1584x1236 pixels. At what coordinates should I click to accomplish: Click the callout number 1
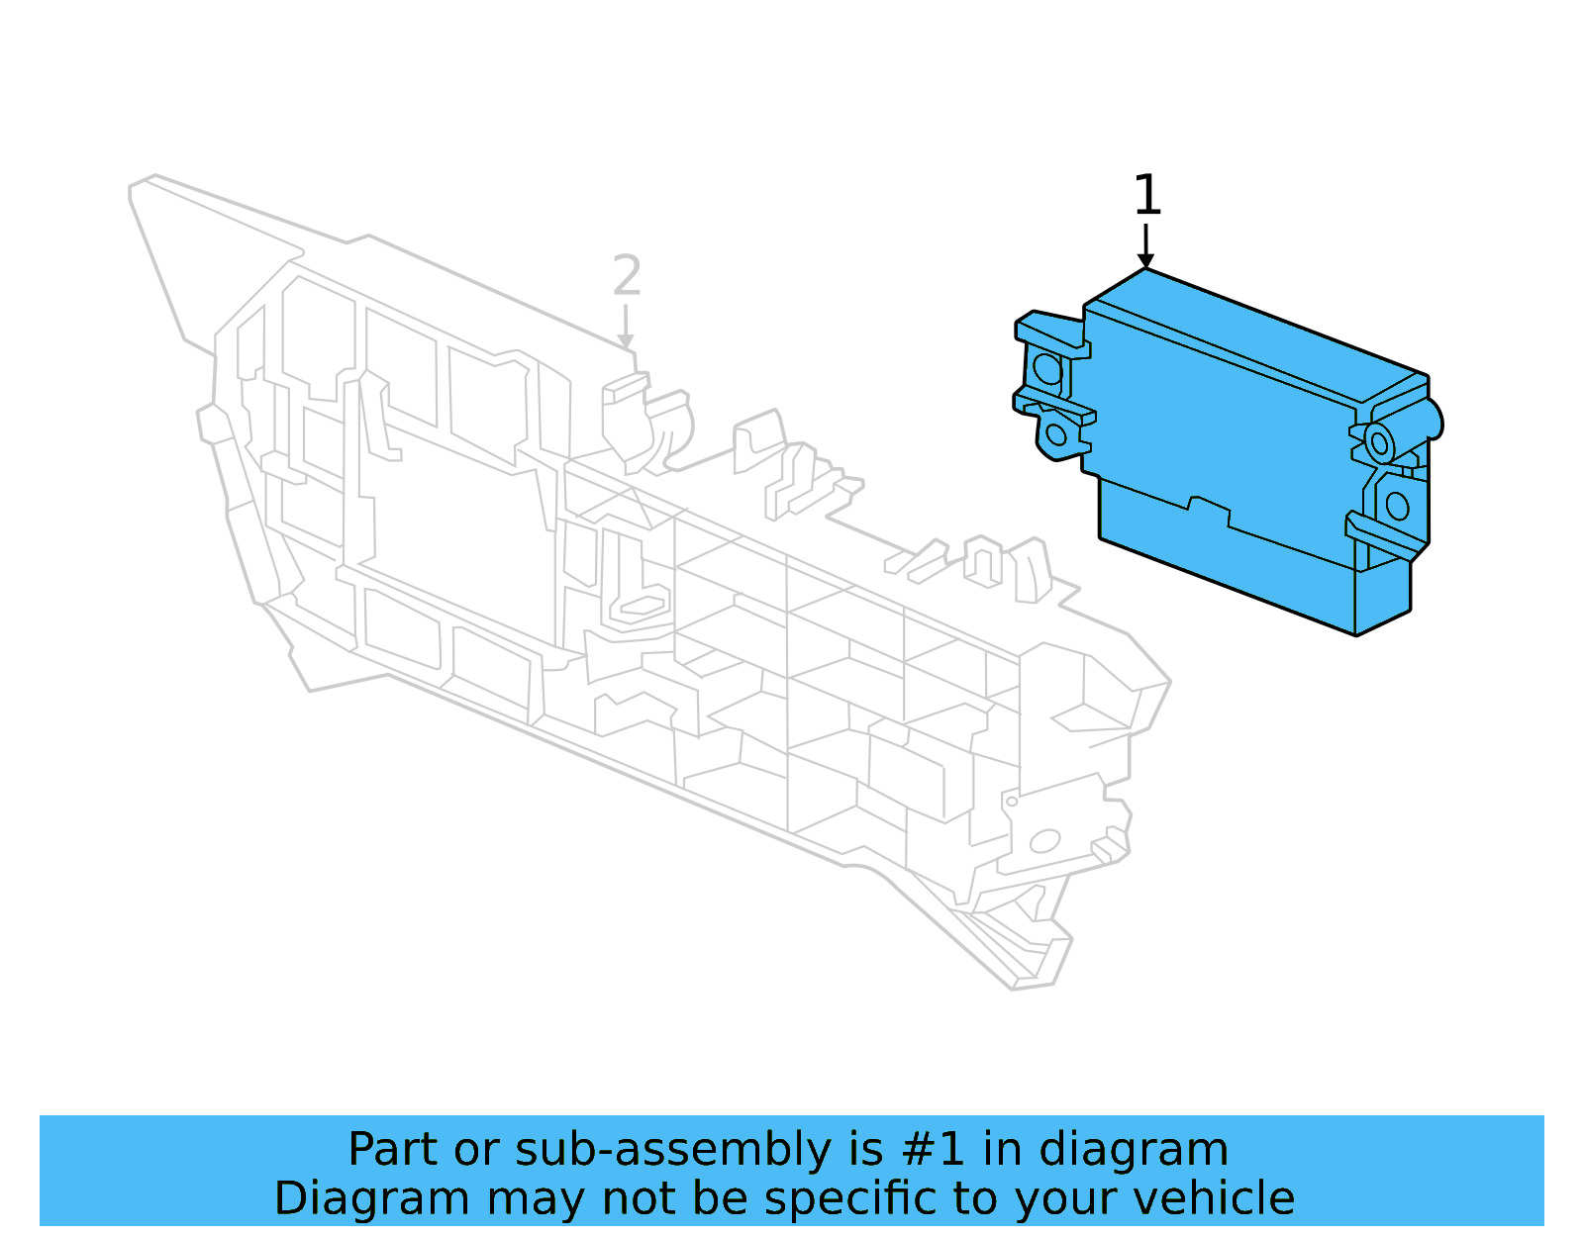(x=1146, y=195)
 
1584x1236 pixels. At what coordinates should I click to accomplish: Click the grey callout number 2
(x=627, y=276)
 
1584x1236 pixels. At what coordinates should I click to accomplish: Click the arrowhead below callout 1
(x=1145, y=260)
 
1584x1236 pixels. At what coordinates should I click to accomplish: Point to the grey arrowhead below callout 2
(x=626, y=342)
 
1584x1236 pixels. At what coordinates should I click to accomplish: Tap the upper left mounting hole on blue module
(x=1046, y=369)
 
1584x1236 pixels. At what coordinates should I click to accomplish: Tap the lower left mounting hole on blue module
(x=1056, y=434)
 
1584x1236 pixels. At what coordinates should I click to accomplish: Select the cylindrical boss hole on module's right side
(x=1379, y=441)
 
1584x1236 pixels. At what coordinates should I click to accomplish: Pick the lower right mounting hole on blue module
(x=1397, y=507)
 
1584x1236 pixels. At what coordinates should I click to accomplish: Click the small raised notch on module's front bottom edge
(x=1209, y=508)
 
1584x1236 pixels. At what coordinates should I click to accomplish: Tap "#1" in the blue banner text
(x=933, y=1150)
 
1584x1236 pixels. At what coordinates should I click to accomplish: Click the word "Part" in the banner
(x=393, y=1150)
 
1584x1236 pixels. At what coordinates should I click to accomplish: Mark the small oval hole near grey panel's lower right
(x=1044, y=842)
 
